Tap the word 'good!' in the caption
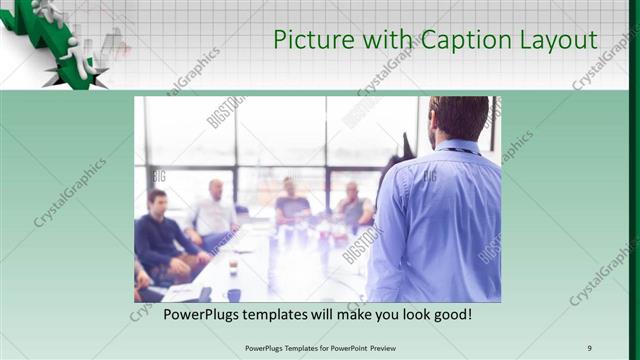click(x=451, y=314)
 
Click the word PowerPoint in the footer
click(x=338, y=347)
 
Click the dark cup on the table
click(x=234, y=295)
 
